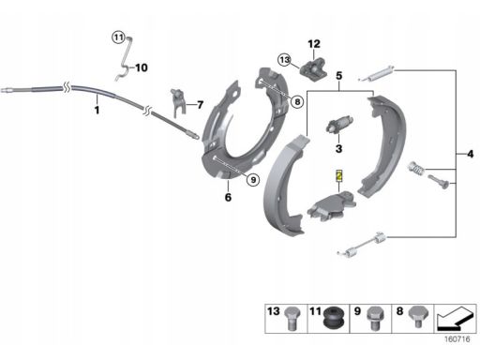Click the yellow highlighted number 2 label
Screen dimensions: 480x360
click(x=338, y=175)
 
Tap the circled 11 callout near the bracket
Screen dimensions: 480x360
click(x=118, y=37)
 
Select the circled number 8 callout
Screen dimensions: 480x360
click(x=297, y=101)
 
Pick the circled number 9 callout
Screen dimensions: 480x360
click(x=253, y=179)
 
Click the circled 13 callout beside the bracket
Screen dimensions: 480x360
click(x=284, y=59)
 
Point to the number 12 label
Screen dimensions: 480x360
click(x=314, y=44)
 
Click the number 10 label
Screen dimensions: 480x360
click(x=142, y=67)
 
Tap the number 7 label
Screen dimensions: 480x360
click(x=201, y=104)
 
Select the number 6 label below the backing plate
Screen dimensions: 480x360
click(x=228, y=197)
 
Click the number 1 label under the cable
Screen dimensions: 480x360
click(x=97, y=110)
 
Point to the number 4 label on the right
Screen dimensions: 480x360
click(x=471, y=154)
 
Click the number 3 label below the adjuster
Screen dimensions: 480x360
click(x=338, y=148)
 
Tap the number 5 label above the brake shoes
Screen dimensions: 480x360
click(x=339, y=76)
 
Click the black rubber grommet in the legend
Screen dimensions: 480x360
click(x=334, y=318)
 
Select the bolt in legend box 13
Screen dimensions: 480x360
click(x=292, y=318)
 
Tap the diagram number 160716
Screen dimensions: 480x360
click(x=457, y=339)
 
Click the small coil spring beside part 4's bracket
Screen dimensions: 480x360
click(x=417, y=168)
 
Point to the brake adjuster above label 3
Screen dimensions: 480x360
click(x=339, y=124)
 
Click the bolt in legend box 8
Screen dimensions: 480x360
click(x=418, y=317)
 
